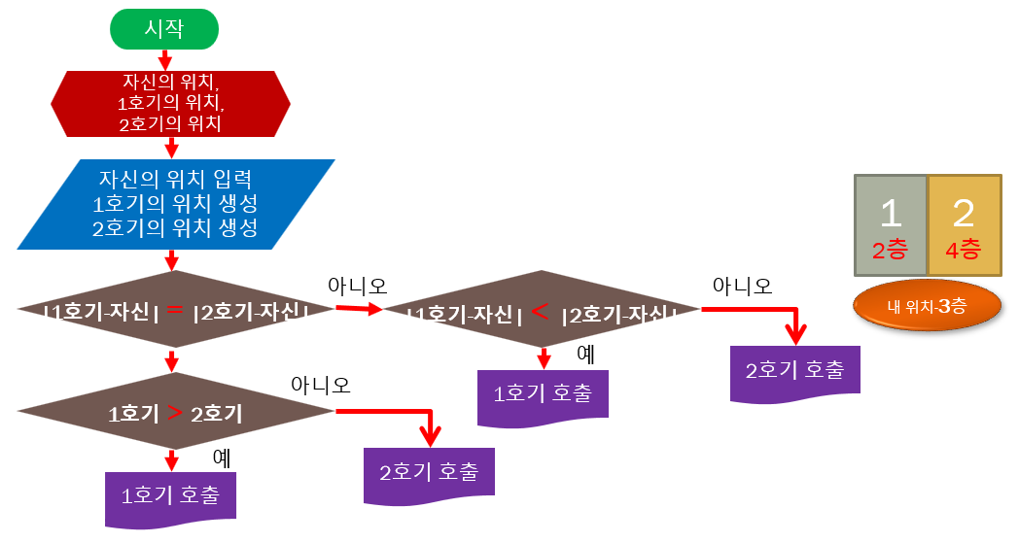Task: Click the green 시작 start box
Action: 164,28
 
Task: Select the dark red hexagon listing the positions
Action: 170,103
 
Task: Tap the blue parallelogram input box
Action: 176,204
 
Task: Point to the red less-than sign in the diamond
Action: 542,312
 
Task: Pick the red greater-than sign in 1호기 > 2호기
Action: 175,412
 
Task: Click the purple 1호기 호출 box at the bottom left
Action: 170,496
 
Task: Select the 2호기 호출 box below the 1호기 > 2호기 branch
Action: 429,473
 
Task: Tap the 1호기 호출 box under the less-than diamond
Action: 544,394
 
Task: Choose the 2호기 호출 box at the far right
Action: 795,370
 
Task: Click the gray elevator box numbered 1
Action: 890,225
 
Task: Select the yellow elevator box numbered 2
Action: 964,225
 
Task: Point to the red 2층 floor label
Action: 890,250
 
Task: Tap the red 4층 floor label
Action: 964,250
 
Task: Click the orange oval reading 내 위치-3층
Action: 926,306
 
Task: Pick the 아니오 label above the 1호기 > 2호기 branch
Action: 320,385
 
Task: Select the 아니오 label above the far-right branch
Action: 742,286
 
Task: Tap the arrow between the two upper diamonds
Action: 359,309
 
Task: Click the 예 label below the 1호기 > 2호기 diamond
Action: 222,456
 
